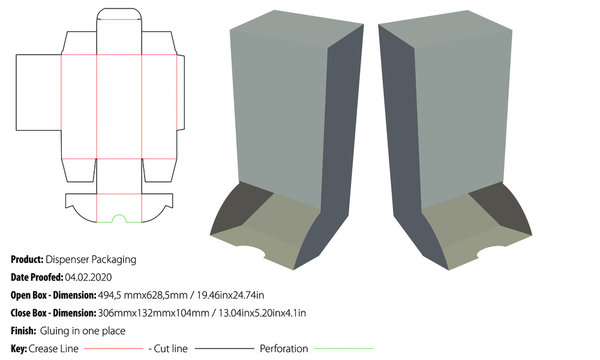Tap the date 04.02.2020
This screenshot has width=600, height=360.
87,277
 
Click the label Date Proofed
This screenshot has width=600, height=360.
37,277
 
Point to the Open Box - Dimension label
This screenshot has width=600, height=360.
53,295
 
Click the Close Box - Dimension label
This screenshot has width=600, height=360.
54,313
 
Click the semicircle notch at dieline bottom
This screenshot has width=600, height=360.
119,217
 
